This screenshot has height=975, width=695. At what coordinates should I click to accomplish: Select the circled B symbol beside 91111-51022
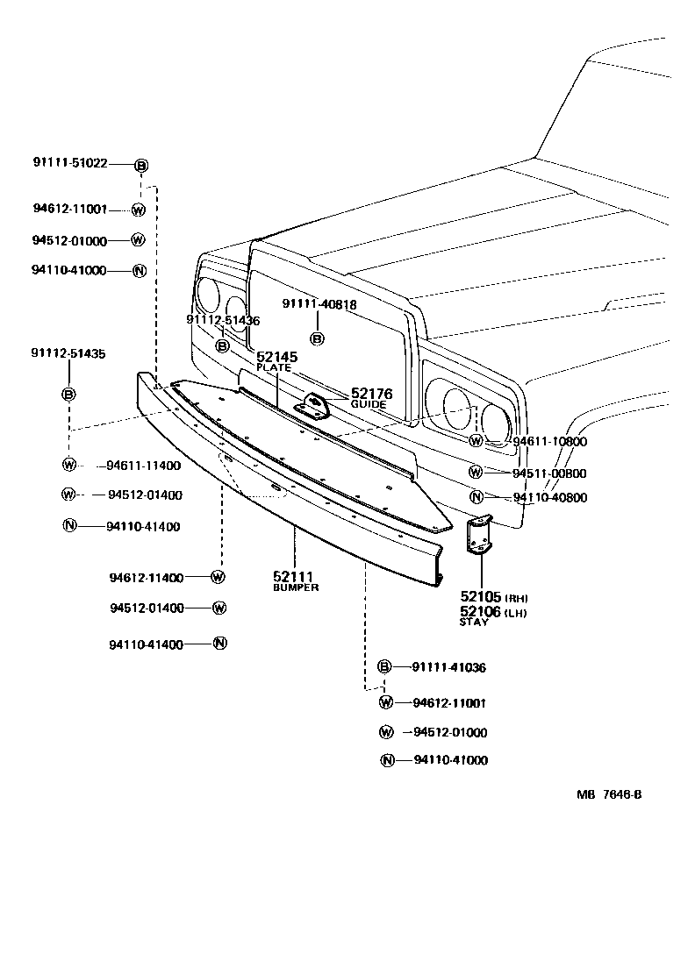140,165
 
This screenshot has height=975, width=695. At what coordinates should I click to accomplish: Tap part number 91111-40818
319,303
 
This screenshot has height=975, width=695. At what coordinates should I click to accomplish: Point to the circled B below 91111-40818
318,338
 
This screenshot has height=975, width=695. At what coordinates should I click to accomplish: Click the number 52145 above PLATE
276,358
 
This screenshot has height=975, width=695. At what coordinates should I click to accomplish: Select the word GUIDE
369,405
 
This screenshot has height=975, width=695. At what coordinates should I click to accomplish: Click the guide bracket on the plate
313,405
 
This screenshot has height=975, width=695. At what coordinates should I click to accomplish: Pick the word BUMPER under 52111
296,587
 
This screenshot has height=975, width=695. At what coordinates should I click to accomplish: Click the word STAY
473,622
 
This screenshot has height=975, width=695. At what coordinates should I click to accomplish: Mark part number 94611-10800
549,441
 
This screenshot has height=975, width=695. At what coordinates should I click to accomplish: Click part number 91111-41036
448,667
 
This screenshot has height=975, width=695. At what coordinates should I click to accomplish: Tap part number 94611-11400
144,465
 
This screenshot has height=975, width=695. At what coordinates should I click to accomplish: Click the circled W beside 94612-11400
219,577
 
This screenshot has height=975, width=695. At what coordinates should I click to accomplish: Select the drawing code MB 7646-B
609,795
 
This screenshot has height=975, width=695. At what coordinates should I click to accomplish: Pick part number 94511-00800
549,473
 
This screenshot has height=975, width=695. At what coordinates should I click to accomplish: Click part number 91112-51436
223,321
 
